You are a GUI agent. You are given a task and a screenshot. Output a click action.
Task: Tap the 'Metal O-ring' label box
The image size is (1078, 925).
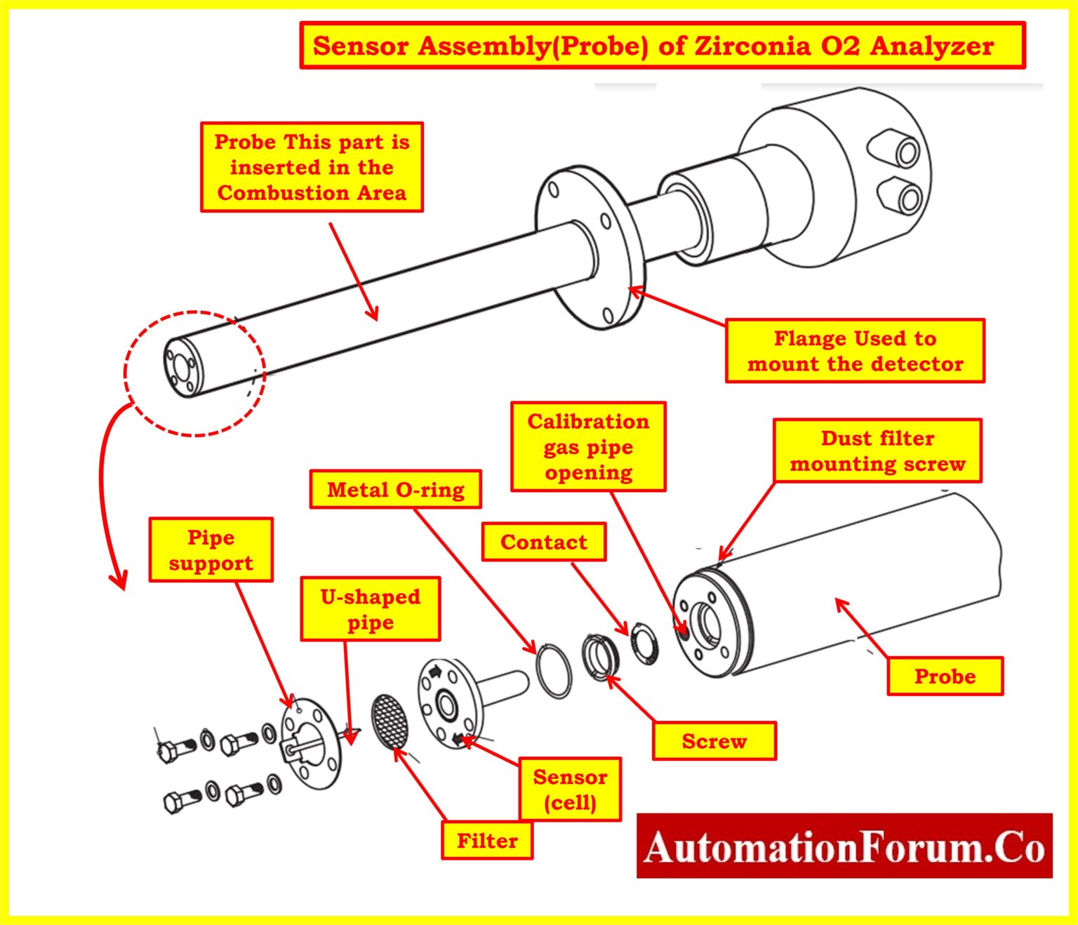click(x=395, y=489)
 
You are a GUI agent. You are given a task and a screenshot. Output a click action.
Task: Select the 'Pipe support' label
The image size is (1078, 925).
click(x=211, y=550)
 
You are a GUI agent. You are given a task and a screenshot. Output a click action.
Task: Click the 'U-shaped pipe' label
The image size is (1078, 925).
click(x=370, y=609)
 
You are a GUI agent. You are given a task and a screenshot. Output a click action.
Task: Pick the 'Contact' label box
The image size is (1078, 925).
click(x=543, y=542)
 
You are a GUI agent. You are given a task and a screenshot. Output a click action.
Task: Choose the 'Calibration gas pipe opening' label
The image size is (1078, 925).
click(x=588, y=446)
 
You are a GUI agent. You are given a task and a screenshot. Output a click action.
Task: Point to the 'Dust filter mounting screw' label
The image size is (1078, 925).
click(x=877, y=451)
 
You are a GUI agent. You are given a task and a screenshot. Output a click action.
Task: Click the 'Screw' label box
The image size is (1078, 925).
click(x=714, y=741)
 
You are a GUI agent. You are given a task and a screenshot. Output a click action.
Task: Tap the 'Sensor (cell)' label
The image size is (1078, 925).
click(x=570, y=789)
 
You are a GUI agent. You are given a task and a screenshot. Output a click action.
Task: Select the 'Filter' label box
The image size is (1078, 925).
click(x=486, y=840)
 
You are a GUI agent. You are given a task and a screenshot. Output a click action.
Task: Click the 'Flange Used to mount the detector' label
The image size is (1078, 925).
click(x=855, y=351)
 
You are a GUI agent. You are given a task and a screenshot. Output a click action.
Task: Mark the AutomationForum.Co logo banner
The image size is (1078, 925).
click(x=844, y=846)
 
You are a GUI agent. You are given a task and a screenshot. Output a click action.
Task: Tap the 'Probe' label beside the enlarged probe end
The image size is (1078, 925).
click(x=945, y=676)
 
